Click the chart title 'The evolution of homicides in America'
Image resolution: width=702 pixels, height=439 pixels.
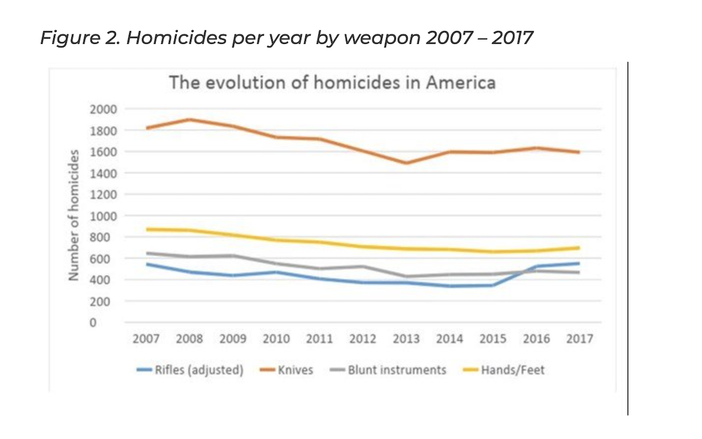point(332,82)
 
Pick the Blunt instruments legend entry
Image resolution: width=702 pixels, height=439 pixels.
point(397,370)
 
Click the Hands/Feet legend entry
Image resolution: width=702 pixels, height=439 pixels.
point(512,370)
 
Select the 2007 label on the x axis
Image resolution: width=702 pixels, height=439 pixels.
point(146,339)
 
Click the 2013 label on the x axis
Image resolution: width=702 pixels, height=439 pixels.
point(406,339)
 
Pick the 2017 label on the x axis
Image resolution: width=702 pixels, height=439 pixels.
point(579,339)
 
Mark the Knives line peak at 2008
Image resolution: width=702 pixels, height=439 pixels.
point(190,119)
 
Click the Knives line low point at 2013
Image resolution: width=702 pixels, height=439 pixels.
point(406,163)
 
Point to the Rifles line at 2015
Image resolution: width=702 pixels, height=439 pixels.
point(493,285)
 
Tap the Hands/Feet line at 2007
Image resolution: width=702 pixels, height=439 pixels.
point(146,229)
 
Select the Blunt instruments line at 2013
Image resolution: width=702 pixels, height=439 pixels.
point(406,276)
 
